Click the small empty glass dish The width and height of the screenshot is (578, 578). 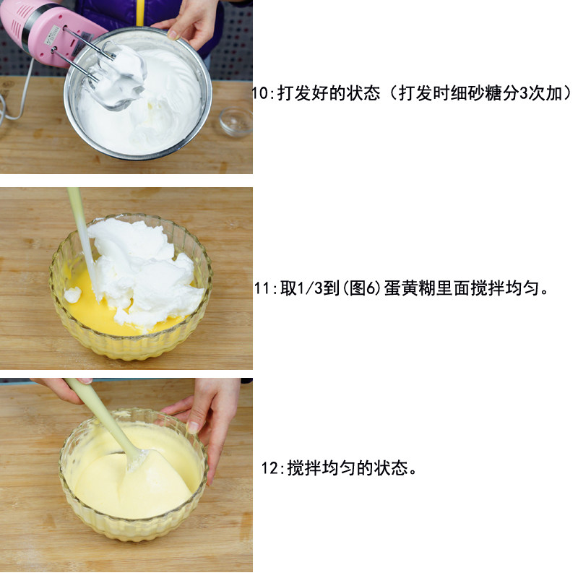coord(236,121)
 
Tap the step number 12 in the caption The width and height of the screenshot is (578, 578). coord(270,468)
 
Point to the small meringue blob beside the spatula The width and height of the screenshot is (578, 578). coord(73,295)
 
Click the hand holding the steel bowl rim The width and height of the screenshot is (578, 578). coord(190,23)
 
